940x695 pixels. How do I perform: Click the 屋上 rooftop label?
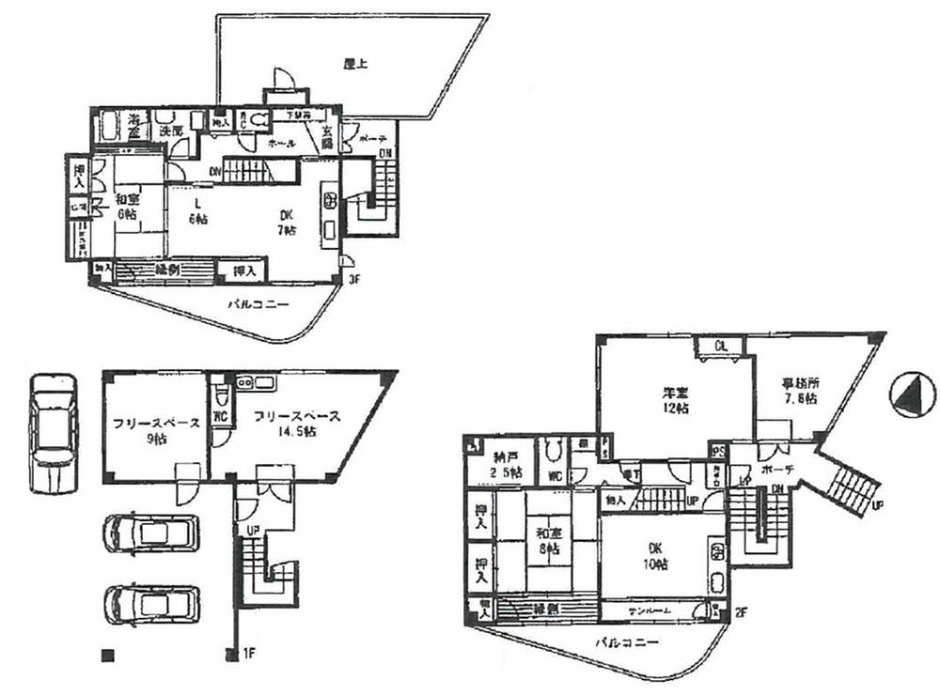coord(354,65)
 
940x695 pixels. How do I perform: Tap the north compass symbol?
coord(908,395)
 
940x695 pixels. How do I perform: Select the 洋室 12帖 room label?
coord(673,401)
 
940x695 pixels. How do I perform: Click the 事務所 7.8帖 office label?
coord(800,390)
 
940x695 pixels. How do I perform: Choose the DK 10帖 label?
coord(655,556)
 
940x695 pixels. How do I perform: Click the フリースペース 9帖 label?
coord(151,431)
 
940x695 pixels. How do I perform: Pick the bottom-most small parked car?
coord(151,608)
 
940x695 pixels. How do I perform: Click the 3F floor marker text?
coord(353,279)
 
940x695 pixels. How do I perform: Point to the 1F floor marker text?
coord(248,653)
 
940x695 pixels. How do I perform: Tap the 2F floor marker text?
coord(742,612)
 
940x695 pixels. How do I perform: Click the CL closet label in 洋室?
coord(721,346)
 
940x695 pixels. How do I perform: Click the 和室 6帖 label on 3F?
coord(129,207)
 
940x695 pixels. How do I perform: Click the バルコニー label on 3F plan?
coord(258,303)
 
